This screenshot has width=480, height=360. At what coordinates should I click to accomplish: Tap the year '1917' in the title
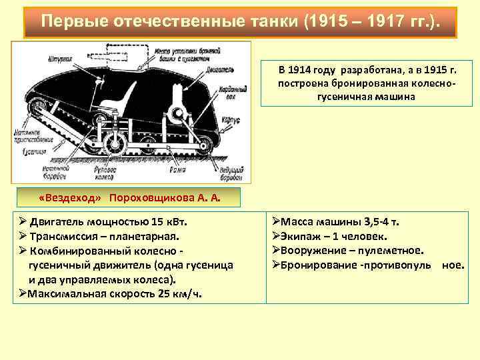click(382, 21)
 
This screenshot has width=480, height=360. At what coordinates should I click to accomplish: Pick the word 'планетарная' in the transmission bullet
click(145, 237)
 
